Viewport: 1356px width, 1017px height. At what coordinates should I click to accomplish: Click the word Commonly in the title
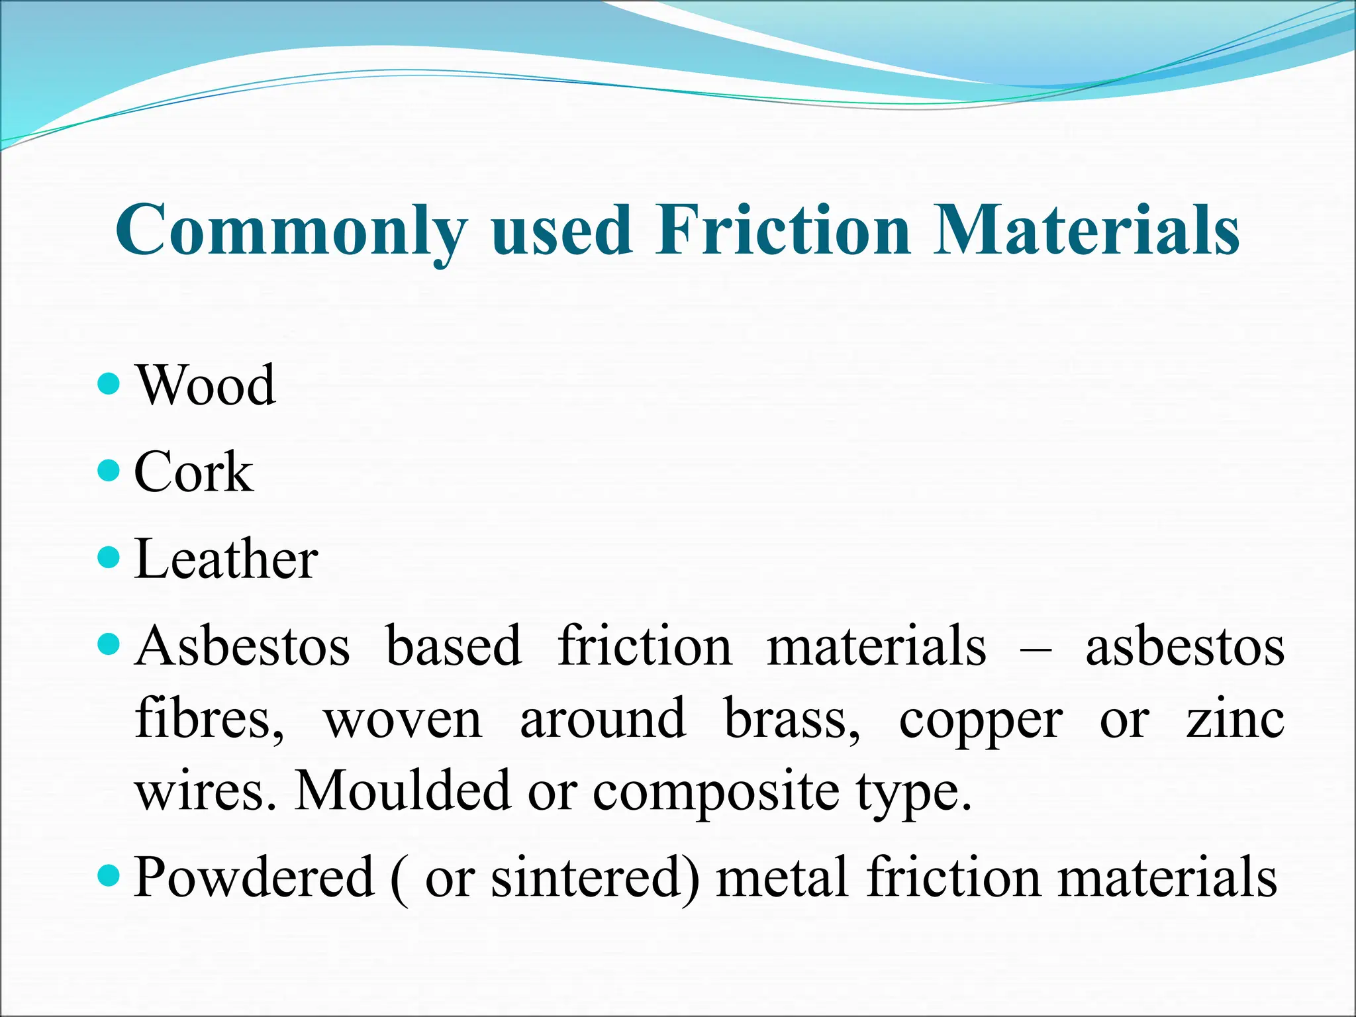click(x=291, y=230)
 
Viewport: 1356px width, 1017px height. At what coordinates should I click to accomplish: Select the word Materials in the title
click(x=1086, y=229)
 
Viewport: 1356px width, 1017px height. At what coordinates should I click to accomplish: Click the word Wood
click(x=206, y=385)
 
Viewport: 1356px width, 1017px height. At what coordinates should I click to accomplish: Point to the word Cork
click(x=193, y=472)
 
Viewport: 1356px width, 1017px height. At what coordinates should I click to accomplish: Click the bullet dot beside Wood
click(x=109, y=383)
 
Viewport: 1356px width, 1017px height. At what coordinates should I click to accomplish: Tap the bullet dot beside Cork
click(x=109, y=471)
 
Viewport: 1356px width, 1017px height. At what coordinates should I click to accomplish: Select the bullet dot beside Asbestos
click(x=109, y=644)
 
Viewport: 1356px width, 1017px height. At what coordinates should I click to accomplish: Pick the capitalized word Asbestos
click(x=242, y=646)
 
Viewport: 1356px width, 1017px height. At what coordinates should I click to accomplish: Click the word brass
click(x=792, y=719)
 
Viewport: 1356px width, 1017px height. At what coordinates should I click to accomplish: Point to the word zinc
click(x=1235, y=719)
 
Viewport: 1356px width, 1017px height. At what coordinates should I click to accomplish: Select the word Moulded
click(x=403, y=791)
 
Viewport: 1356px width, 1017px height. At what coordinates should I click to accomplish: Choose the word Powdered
click(x=254, y=878)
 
